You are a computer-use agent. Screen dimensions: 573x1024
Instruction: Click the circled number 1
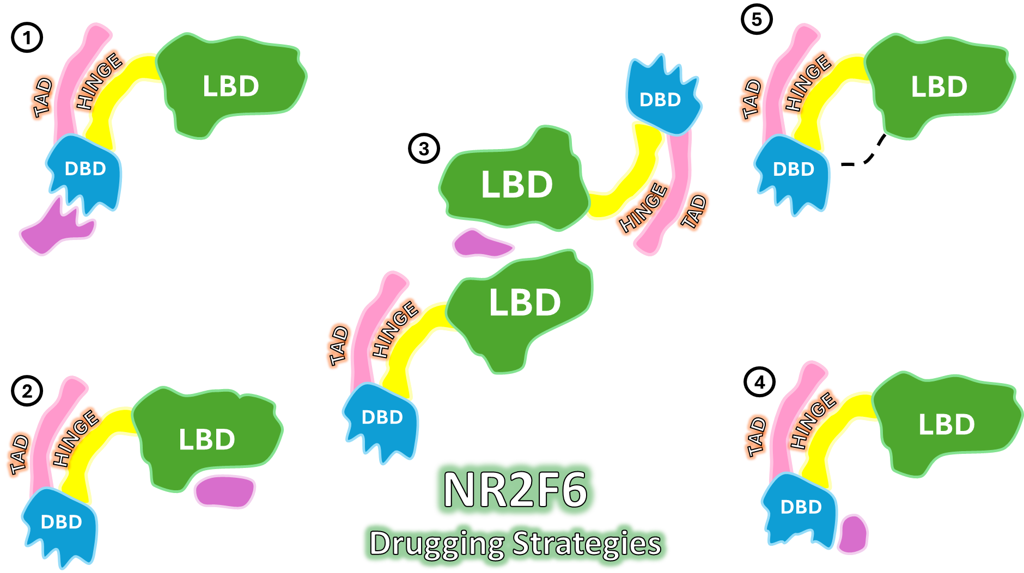[x=27, y=38]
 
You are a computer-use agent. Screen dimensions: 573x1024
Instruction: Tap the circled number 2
[x=27, y=391]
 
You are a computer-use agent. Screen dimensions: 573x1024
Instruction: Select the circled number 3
[x=424, y=149]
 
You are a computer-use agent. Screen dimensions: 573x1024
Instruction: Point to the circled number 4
[x=759, y=382]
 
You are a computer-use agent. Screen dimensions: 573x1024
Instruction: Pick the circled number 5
[x=756, y=20]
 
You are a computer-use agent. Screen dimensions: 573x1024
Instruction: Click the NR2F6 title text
[x=515, y=490]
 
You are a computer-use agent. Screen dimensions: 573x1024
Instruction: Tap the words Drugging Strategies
[x=515, y=544]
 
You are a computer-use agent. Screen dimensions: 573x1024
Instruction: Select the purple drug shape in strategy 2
[x=225, y=491]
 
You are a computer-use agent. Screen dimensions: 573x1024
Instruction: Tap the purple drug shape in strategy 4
[x=853, y=534]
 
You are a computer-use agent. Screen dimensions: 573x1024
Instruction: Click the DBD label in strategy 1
[x=85, y=169]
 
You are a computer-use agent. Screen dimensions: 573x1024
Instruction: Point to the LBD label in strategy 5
[x=939, y=87]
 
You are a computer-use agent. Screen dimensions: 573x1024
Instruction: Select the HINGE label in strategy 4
[x=813, y=420]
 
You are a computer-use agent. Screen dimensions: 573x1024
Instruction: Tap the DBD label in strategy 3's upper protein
[x=660, y=100]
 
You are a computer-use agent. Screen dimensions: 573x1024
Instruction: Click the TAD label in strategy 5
[x=752, y=98]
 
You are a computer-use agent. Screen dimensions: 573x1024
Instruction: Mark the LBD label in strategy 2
[x=206, y=440]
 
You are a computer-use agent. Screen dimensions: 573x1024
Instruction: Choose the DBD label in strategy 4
[x=801, y=507]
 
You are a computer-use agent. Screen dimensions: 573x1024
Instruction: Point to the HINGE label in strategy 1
[x=99, y=82]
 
